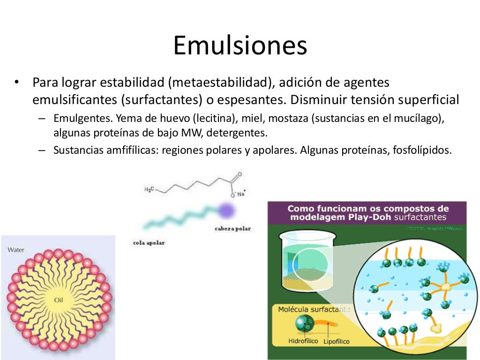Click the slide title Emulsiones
pyautogui.click(x=240, y=46)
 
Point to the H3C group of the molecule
pyautogui.click(x=148, y=189)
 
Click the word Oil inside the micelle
pyautogui.click(x=58, y=300)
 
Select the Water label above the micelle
pyautogui.click(x=16, y=250)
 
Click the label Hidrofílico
pyautogui.click(x=304, y=341)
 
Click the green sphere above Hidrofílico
pyautogui.click(x=304, y=323)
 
